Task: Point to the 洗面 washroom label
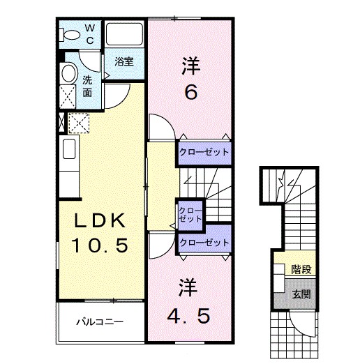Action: click(x=87, y=85)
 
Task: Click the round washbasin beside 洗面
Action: click(x=68, y=73)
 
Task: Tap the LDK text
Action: click(x=100, y=222)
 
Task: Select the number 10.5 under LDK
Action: click(x=100, y=245)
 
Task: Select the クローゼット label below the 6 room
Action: click(x=204, y=151)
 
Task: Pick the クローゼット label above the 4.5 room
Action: click(x=204, y=243)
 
